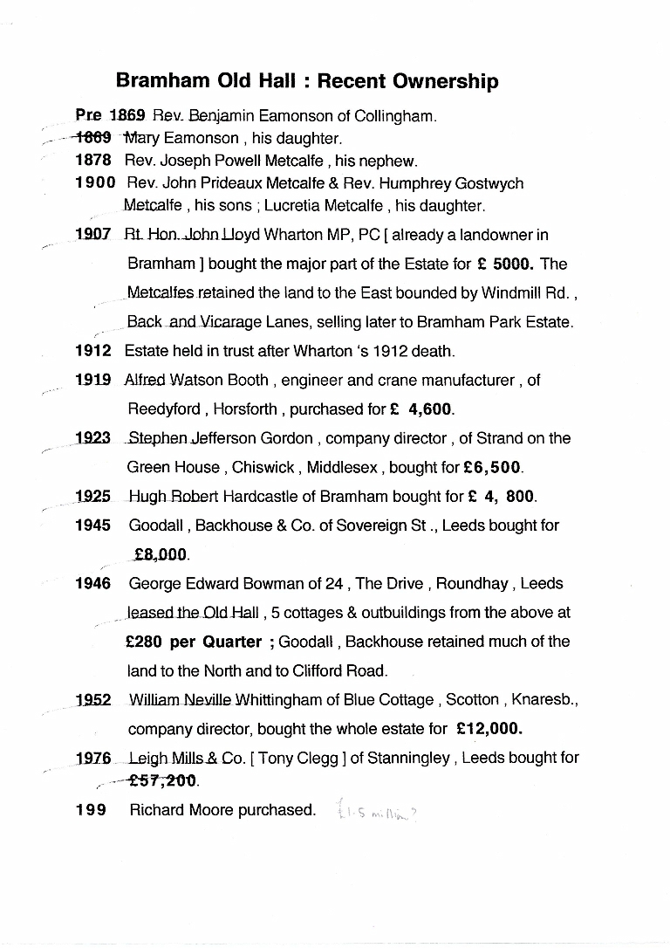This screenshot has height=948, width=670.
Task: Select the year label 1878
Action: click(x=93, y=161)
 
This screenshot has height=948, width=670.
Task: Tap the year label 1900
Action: click(x=95, y=183)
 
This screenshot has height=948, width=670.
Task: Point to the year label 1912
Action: click(x=93, y=351)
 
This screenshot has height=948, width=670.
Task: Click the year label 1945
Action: click(x=93, y=526)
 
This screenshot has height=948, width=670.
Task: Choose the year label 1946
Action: click(x=93, y=583)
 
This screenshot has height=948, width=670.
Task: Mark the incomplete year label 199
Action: click(x=91, y=810)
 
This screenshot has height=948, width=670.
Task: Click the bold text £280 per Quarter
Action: click(x=194, y=642)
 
